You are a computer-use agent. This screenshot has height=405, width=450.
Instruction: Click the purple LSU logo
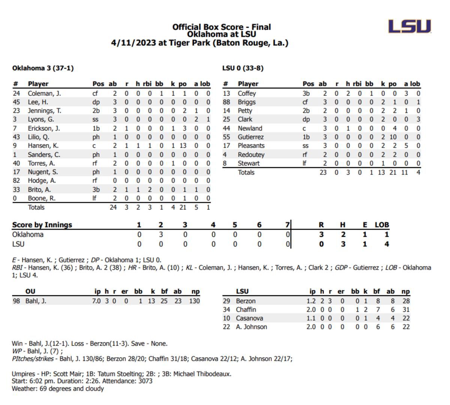pos(409,26)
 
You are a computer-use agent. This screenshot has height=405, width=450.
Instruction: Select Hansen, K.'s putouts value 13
pos(183,146)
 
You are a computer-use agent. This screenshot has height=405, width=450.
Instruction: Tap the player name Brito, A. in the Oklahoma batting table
pos(39,190)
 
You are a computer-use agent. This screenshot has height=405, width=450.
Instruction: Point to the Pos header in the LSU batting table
pos(308,84)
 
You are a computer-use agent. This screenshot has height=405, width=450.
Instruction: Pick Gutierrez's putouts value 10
pos(393,137)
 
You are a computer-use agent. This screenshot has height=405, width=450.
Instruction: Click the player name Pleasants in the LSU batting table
pos(251,146)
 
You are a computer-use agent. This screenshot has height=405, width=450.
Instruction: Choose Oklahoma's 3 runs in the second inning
pos(161,235)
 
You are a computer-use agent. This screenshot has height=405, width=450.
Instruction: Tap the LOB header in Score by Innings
pos(382,224)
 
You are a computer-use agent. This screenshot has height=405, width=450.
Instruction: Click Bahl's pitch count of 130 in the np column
pos(194,301)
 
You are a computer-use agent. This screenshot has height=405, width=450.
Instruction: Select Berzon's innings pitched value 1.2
pos(311,301)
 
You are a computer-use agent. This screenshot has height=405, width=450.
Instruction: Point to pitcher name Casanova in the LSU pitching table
pos(249,318)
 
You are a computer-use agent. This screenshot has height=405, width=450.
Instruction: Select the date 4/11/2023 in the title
pos(133,43)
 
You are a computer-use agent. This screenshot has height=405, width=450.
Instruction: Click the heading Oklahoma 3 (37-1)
pos(43,68)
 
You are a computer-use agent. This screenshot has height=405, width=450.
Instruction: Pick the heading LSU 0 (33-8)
pos(243,68)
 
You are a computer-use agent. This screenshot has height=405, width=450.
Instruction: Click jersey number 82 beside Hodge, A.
pos(16,181)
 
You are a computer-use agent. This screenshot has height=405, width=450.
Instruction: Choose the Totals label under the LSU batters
pos(246,172)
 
